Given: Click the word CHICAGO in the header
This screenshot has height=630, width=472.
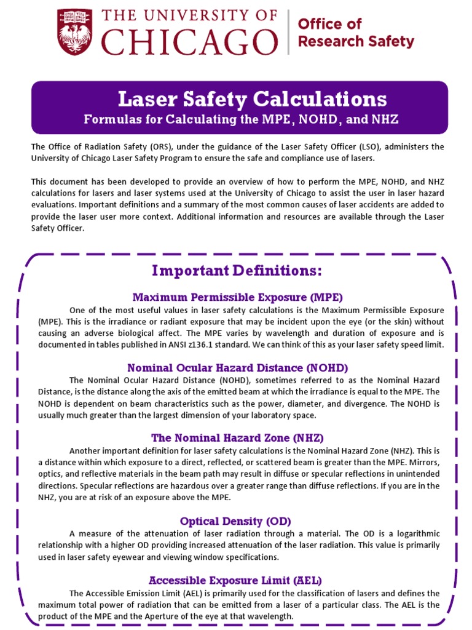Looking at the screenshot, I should tap(189, 43).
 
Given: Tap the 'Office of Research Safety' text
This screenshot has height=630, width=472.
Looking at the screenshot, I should tap(355, 33).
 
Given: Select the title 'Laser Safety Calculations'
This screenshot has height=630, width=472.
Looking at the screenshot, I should tap(252, 98).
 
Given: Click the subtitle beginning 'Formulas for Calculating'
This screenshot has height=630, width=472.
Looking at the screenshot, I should tap(241, 119).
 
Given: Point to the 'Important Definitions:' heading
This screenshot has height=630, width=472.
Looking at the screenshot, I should tap(237, 271).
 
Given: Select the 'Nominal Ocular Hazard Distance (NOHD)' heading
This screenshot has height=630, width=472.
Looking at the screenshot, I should tap(237, 368).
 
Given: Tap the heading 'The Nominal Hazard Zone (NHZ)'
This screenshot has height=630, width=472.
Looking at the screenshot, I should tap(237, 437).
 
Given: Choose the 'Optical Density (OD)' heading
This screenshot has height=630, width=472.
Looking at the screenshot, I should tap(235, 521).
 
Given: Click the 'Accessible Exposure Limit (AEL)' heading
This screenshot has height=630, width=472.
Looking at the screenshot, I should tap(235, 580).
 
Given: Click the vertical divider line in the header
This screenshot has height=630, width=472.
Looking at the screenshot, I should tap(288, 33).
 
